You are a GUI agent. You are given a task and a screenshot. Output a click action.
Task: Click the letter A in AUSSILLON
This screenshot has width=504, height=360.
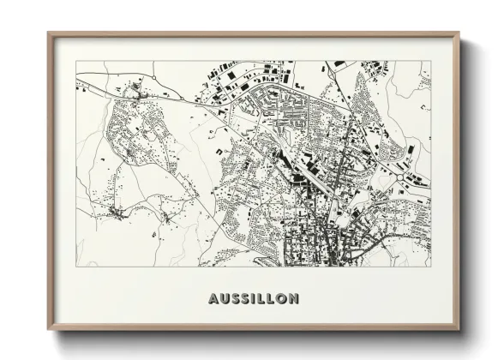coord(213,299)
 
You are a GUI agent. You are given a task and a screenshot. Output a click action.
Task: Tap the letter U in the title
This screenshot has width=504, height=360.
coord(224,299)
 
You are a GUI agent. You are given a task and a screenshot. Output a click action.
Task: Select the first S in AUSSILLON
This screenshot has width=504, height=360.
coord(235,299)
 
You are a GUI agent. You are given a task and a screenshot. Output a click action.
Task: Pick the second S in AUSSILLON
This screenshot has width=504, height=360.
coord(246,299)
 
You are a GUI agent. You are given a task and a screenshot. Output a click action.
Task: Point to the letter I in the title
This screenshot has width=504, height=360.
coord(255,299)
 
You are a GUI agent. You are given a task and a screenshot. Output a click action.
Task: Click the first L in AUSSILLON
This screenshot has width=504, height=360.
coord(262,299)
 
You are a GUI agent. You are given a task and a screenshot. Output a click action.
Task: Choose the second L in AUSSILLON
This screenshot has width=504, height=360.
coord(272,299)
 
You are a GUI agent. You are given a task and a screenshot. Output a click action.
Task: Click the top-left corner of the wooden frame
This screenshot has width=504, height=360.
coord(48,33)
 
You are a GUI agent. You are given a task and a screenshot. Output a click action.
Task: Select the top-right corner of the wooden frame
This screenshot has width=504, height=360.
coord(459,33)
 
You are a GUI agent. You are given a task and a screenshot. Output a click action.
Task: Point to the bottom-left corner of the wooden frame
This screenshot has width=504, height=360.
coord(48,331)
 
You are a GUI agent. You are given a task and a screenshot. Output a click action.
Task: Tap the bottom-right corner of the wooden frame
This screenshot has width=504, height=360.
coord(459,331)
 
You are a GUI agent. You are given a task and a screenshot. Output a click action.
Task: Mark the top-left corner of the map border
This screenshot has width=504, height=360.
coord(76,61)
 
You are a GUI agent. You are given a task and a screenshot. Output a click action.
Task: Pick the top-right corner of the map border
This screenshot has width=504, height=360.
coord(431,61)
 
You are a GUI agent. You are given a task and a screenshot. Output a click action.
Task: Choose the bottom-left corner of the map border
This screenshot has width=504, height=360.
coord(76,267)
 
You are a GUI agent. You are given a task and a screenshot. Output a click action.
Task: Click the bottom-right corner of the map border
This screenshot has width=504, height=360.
coord(431,267)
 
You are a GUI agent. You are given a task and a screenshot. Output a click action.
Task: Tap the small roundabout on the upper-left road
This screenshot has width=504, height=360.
coord(133,88)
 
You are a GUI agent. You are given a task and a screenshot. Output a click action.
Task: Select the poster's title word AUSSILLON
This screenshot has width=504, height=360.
coord(253,299)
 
